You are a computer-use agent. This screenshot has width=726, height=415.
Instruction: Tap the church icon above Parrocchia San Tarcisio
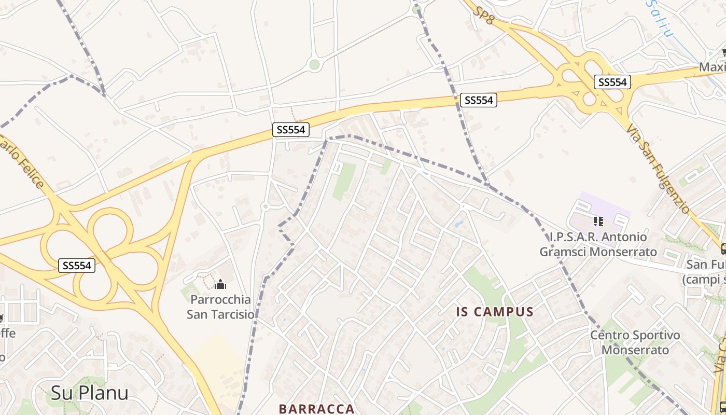(x=220, y=285)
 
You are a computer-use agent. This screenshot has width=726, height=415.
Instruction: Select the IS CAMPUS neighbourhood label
(x=495, y=312)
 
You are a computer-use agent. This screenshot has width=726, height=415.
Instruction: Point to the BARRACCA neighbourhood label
(x=316, y=409)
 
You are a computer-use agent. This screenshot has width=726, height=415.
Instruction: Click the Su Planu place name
(x=89, y=393)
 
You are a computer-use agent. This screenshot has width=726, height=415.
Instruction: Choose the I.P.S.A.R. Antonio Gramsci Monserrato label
(x=598, y=244)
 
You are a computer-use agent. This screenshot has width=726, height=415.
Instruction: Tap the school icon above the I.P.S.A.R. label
(x=598, y=222)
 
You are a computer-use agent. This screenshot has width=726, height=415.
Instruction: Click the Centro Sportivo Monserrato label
(x=635, y=342)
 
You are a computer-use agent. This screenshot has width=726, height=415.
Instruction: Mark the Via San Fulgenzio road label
(x=658, y=168)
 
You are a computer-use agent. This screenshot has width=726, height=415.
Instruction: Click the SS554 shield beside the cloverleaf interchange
(x=77, y=266)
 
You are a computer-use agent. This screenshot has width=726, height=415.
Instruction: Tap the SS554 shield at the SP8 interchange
(x=612, y=82)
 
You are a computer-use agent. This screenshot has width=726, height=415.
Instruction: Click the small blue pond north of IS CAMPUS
(x=459, y=224)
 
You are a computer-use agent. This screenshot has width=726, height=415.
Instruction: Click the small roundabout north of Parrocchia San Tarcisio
(x=265, y=206)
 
